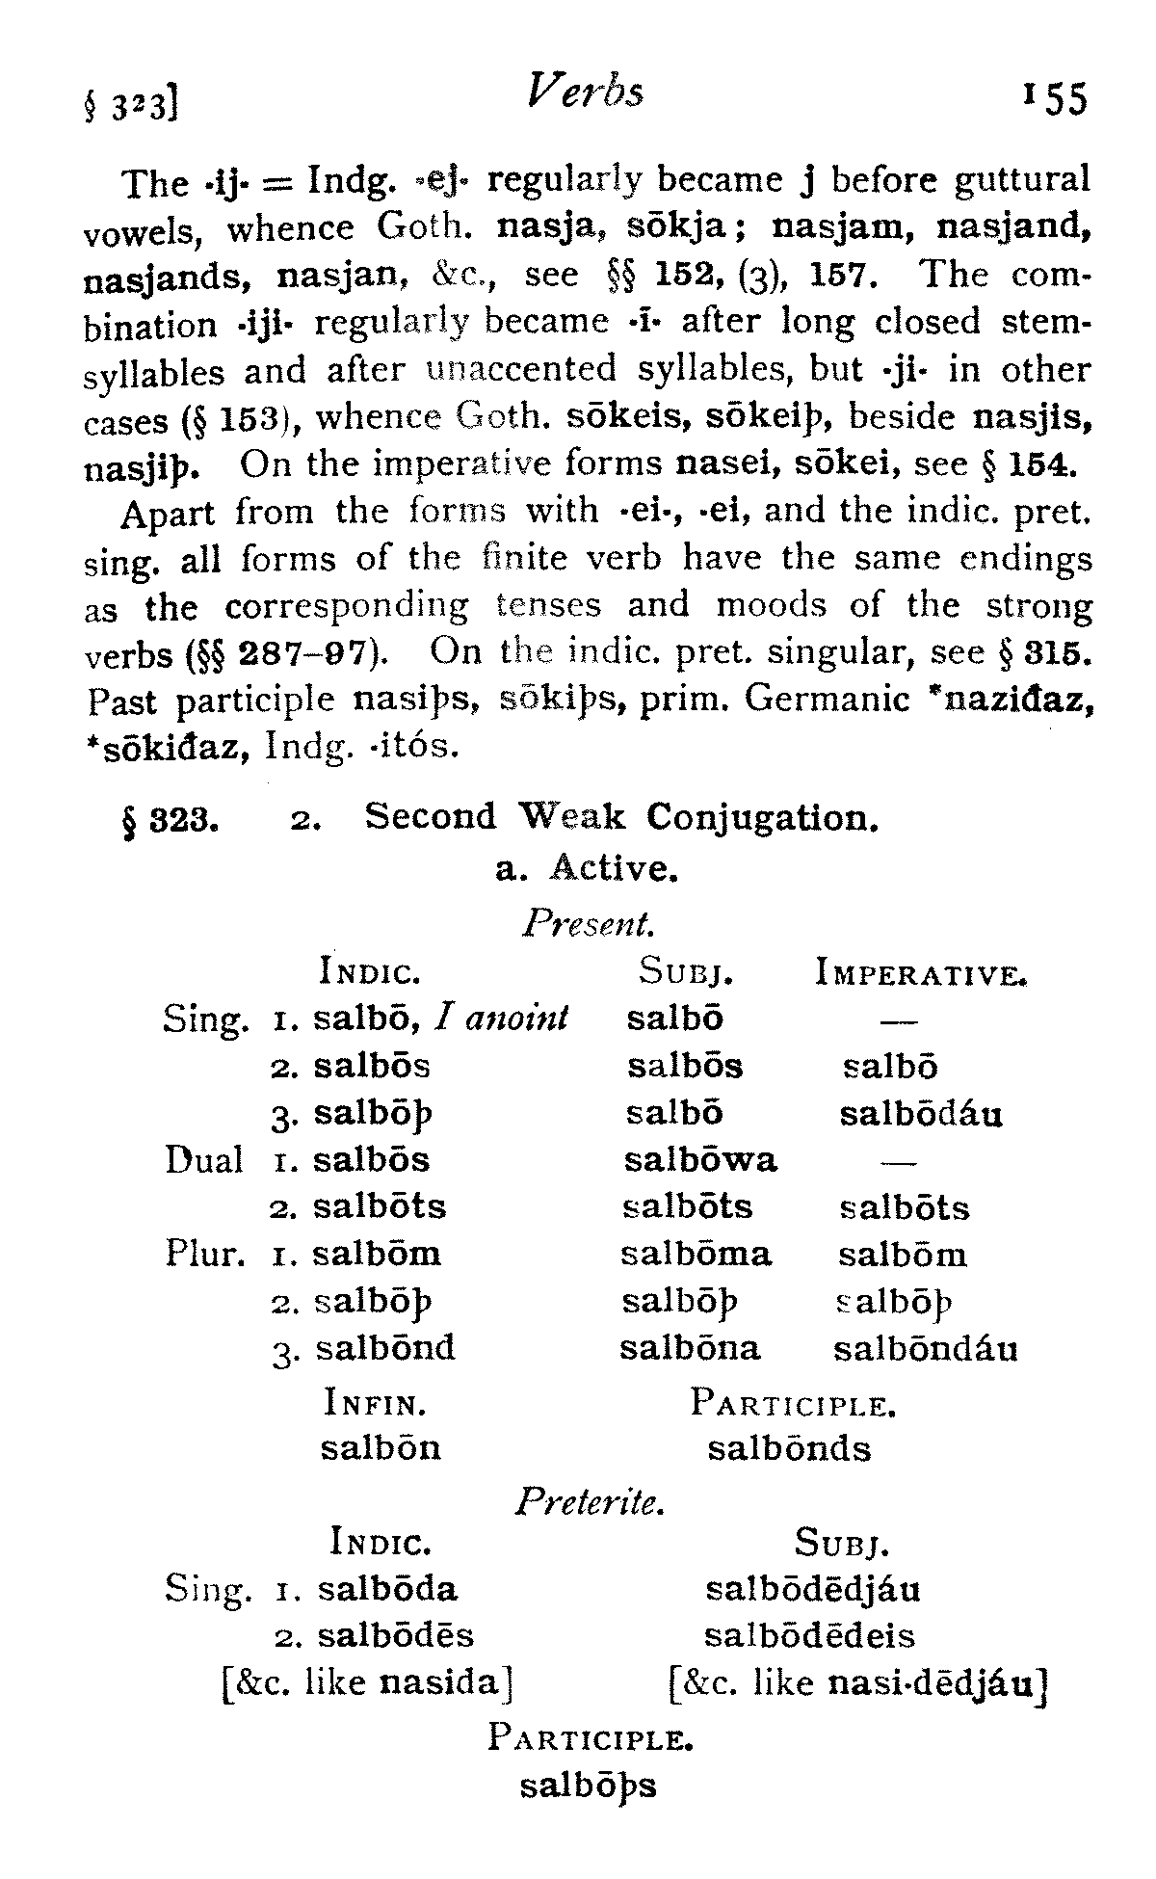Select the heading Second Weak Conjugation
tap(621, 817)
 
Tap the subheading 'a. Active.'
tap(587, 869)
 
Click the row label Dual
tap(203, 1160)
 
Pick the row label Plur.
tap(202, 1254)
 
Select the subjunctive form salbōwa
tap(700, 1160)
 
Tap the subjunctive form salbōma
tap(696, 1254)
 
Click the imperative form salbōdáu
tap(921, 1114)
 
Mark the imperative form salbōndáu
tap(925, 1348)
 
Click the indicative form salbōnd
tap(385, 1347)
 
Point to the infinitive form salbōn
tap(381, 1448)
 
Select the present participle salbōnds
tap(789, 1448)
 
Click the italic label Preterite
tap(590, 1501)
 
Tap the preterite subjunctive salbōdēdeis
tap(810, 1635)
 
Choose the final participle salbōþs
tap(588, 1786)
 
